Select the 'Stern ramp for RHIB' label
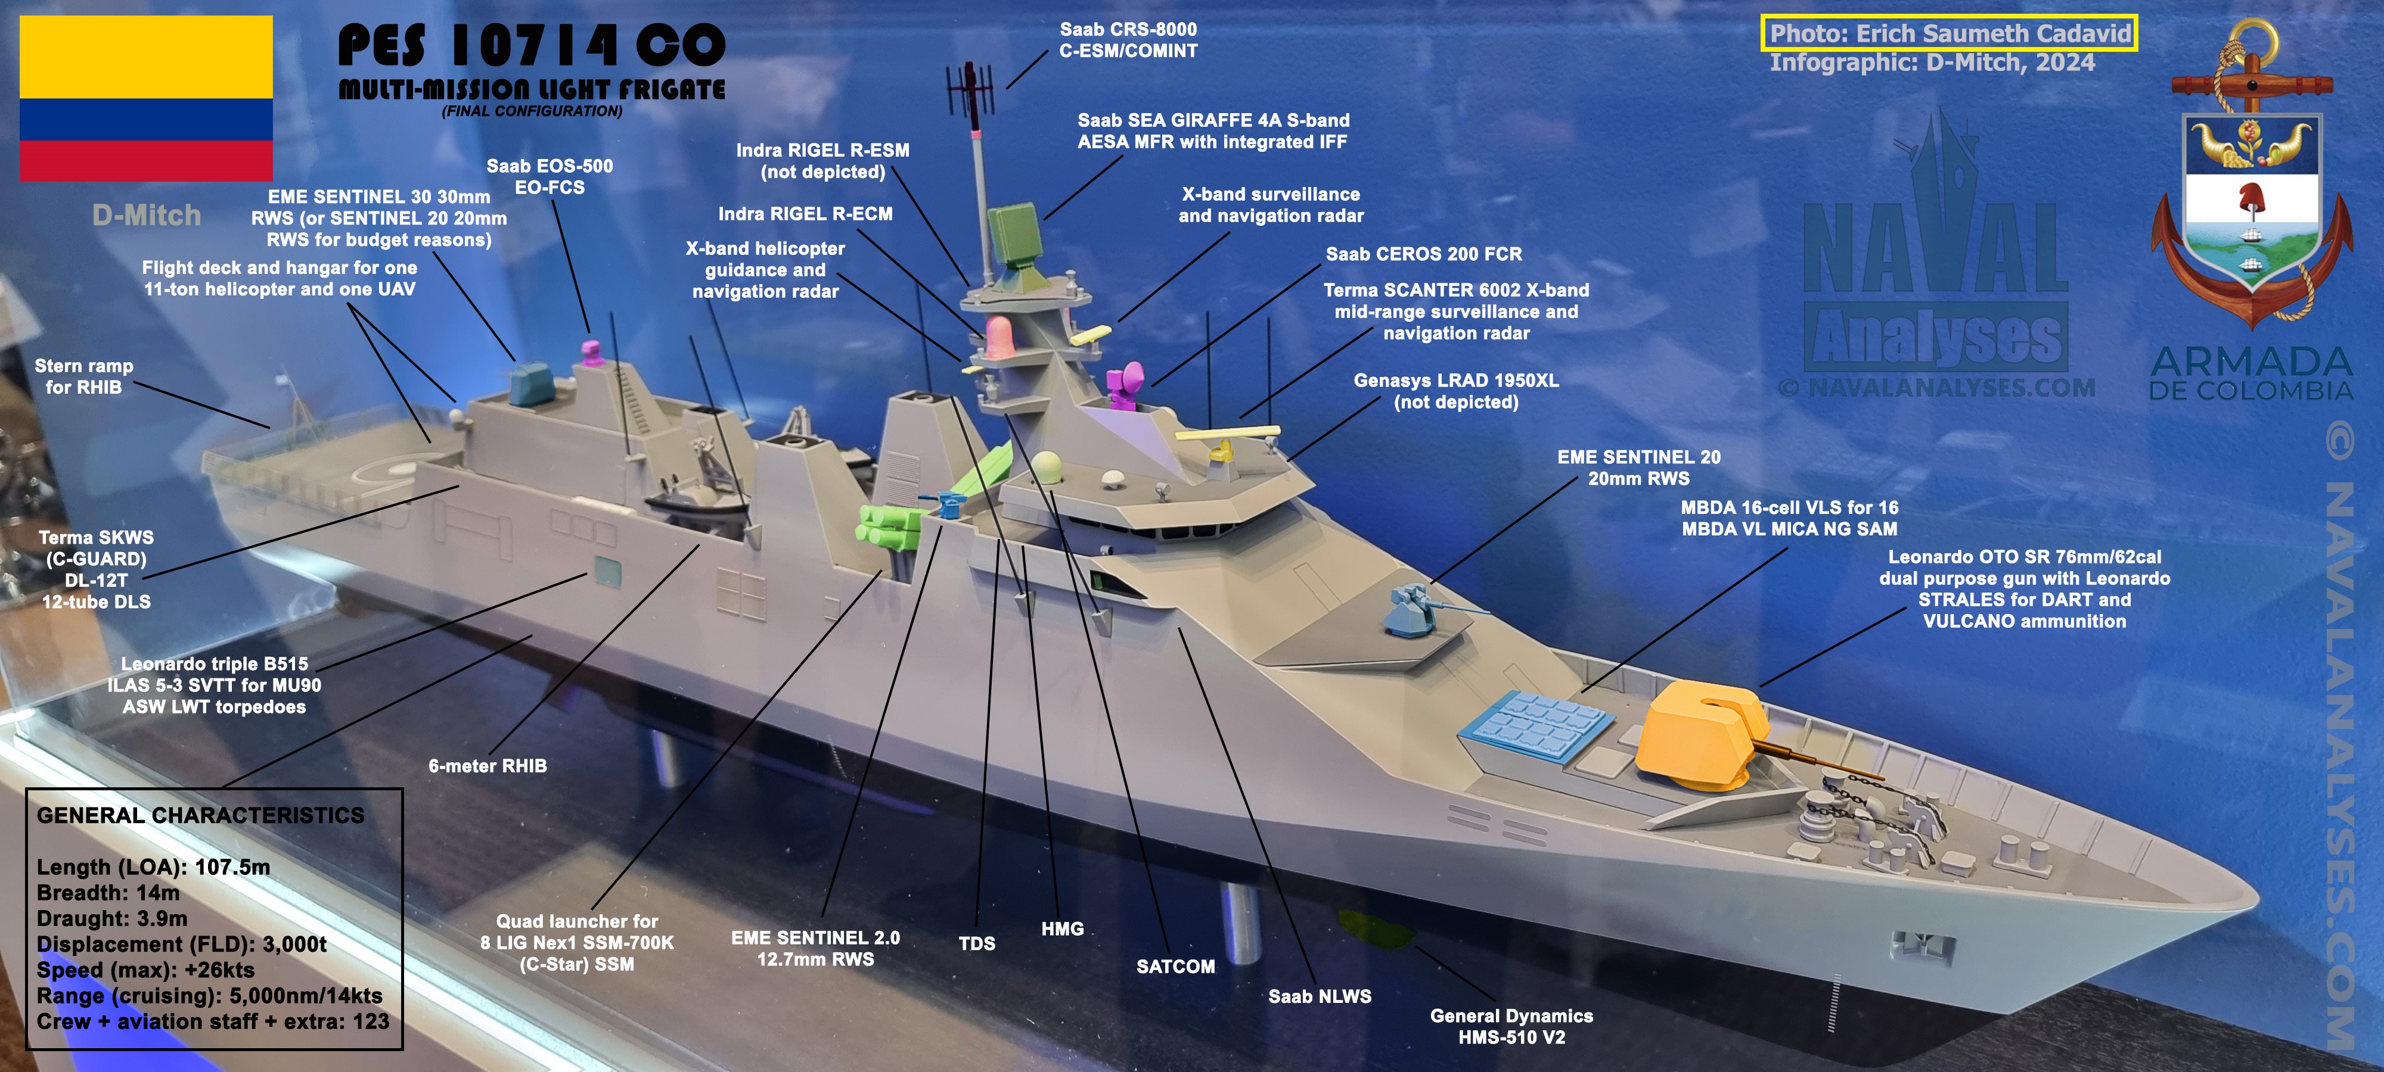83,376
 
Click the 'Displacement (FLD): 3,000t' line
181,945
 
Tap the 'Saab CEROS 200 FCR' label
1423,254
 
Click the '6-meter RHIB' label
488,766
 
